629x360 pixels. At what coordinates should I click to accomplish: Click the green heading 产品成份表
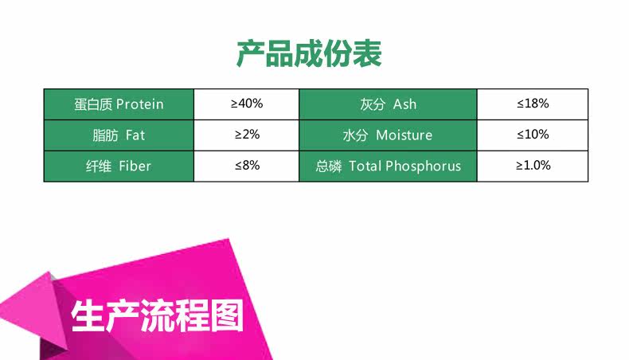[308, 54]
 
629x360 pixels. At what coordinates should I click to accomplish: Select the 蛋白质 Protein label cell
[119, 104]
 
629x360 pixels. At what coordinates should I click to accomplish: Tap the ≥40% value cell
[246, 104]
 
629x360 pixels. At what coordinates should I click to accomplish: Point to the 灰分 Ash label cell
[388, 104]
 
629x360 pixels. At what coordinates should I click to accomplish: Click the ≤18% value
[533, 104]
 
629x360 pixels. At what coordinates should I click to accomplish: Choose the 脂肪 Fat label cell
[119, 135]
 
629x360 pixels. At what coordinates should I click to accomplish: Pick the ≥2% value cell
[246, 135]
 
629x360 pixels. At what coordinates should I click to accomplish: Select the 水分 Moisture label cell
[388, 135]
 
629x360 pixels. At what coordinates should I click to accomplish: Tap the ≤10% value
[533, 135]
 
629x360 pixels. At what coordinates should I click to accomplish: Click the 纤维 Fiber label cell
[119, 166]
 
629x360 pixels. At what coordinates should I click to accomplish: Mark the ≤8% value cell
[246, 166]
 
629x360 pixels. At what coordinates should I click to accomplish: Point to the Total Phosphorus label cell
[388, 166]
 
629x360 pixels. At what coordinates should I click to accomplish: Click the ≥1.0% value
[533, 166]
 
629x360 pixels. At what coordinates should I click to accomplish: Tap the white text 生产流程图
[158, 316]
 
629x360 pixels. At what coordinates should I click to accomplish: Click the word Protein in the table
[140, 104]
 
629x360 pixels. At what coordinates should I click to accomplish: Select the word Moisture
[404, 135]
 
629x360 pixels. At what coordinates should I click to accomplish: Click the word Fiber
[135, 166]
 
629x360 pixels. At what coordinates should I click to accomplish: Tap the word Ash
[404, 104]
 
